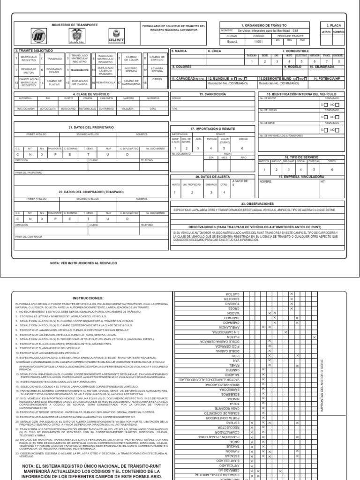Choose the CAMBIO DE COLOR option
(x=132, y=59)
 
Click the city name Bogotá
(x=232, y=41)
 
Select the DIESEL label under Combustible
(x=264, y=55)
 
